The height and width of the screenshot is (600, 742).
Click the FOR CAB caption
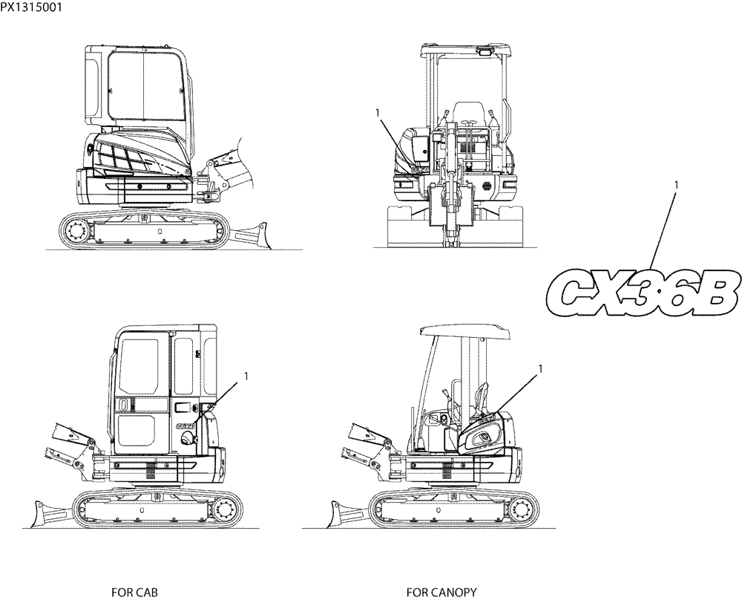pyautogui.click(x=134, y=592)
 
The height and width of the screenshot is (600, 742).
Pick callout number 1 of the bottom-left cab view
pyautogui.click(x=245, y=377)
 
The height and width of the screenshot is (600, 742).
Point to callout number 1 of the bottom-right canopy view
pyautogui.click(x=540, y=368)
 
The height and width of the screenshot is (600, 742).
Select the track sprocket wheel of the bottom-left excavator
pyautogui.click(x=227, y=511)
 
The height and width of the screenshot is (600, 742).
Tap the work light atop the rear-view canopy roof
pyautogui.click(x=485, y=50)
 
